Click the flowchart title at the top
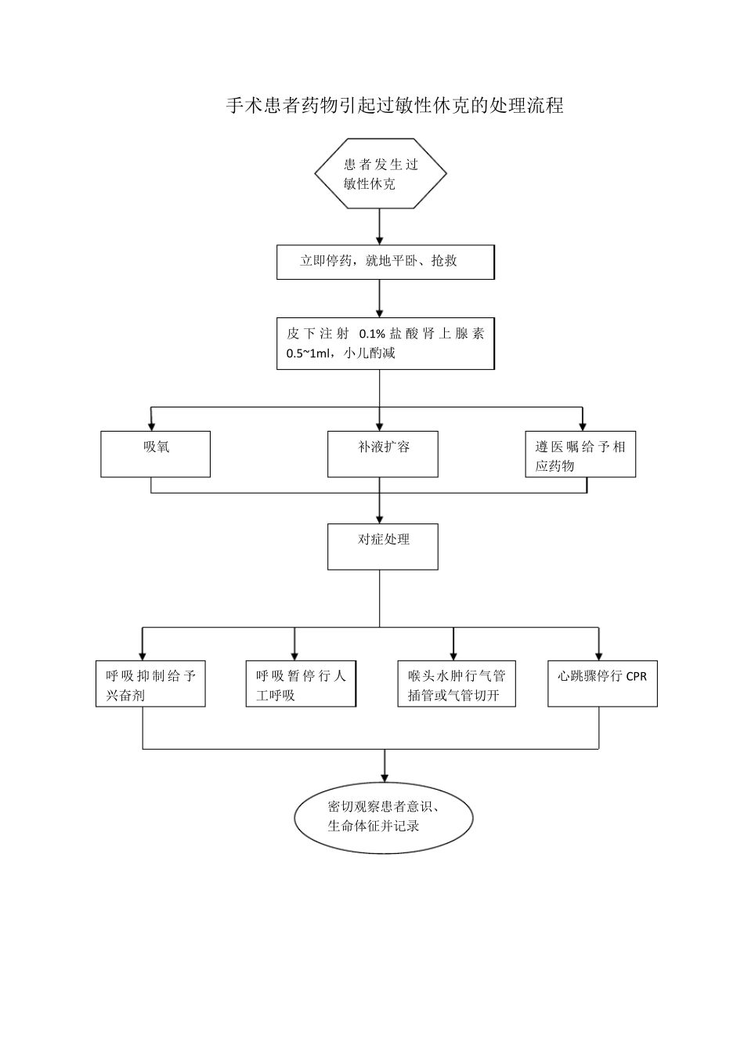point(395,106)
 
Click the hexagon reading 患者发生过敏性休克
point(381,174)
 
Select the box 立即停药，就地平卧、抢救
point(385,262)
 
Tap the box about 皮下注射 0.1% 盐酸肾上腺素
point(385,343)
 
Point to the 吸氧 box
point(155,454)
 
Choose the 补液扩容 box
point(382,454)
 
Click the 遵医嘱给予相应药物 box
point(580,455)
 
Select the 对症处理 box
point(382,546)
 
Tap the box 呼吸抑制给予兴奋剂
point(150,684)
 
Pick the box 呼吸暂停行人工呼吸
point(301,684)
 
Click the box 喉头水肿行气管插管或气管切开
point(457,684)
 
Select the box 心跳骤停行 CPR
point(601,683)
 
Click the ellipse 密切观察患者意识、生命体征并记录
point(384,816)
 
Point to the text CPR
point(637,675)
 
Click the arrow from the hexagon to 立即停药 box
point(380,226)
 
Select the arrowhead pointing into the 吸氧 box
point(151,425)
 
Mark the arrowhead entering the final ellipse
point(385,775)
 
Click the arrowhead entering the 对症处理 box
point(380,518)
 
